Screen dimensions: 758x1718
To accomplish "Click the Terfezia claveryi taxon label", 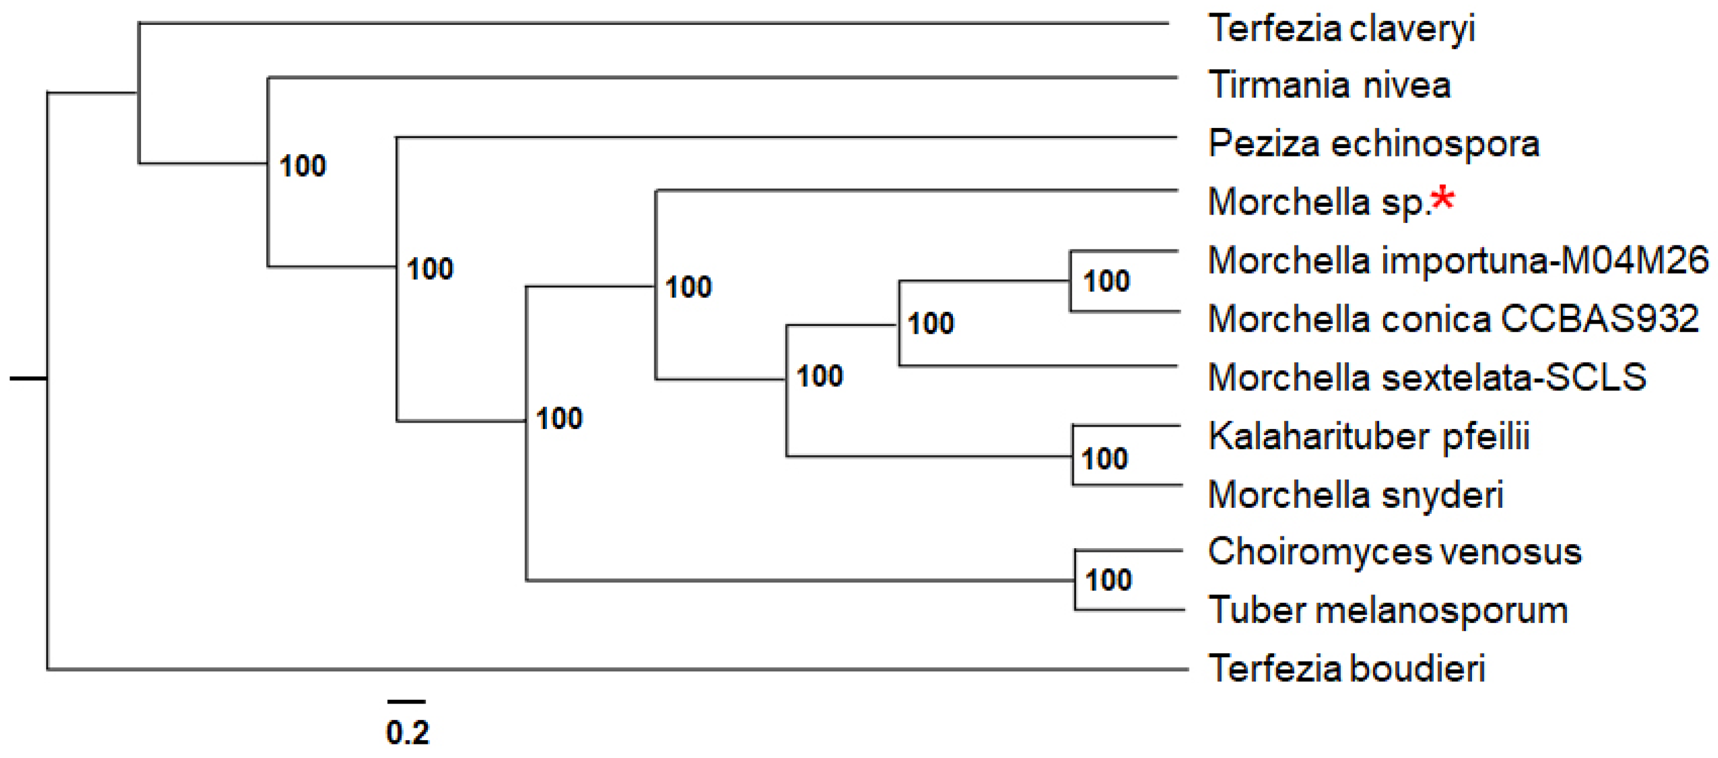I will coord(1341,30).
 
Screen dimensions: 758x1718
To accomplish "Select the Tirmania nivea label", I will coord(1329,85).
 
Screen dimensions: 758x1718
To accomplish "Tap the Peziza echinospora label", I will coord(1373,144).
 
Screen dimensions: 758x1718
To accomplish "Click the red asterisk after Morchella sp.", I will coord(1442,199).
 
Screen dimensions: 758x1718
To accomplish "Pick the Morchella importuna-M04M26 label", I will coord(1458,261).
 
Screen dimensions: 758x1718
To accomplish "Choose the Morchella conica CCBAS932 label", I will coord(1453,319).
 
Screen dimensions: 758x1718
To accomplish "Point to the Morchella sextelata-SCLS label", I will coord(1427,378).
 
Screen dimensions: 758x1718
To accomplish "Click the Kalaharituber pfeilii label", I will coord(1368,437).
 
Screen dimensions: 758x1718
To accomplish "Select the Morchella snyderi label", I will coord(1355,495).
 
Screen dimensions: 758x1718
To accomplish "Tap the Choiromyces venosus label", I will coord(1394,552).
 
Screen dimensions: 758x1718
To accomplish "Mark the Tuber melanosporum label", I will coord(1388,610).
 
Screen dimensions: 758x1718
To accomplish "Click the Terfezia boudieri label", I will coord(1346,669).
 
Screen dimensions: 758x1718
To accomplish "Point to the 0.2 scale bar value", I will coord(408,733).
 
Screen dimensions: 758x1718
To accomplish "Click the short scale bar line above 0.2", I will coord(406,702).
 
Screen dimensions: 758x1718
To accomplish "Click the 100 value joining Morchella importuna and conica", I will coord(1106,282).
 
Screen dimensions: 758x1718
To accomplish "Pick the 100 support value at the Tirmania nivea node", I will coord(302,166).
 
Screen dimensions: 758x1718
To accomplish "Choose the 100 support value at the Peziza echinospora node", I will coord(430,270).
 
